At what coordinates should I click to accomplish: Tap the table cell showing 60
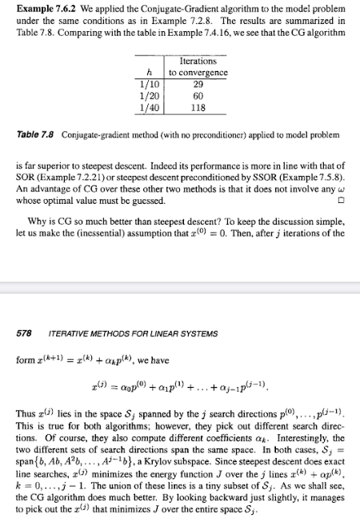198,94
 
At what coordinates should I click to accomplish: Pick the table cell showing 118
198,105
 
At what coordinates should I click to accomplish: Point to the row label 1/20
150,94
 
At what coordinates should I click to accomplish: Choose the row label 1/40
150,105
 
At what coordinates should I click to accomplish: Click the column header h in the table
150,71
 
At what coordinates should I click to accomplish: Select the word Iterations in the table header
198,61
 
